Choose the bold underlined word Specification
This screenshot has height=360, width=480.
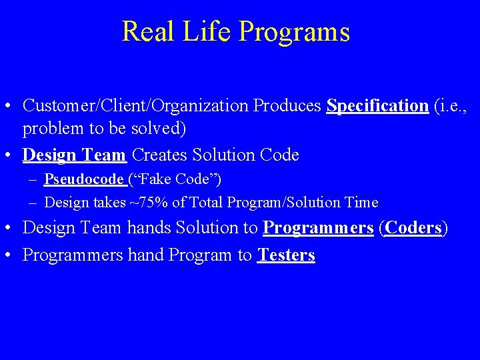(377, 106)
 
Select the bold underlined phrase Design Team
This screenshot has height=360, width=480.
(74, 155)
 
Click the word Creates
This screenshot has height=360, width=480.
(160, 155)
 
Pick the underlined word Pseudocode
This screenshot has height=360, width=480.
(84, 179)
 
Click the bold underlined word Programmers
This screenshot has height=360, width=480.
(318, 228)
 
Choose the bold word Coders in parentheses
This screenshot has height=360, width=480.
(413, 228)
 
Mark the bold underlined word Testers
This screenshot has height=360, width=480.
(286, 255)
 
